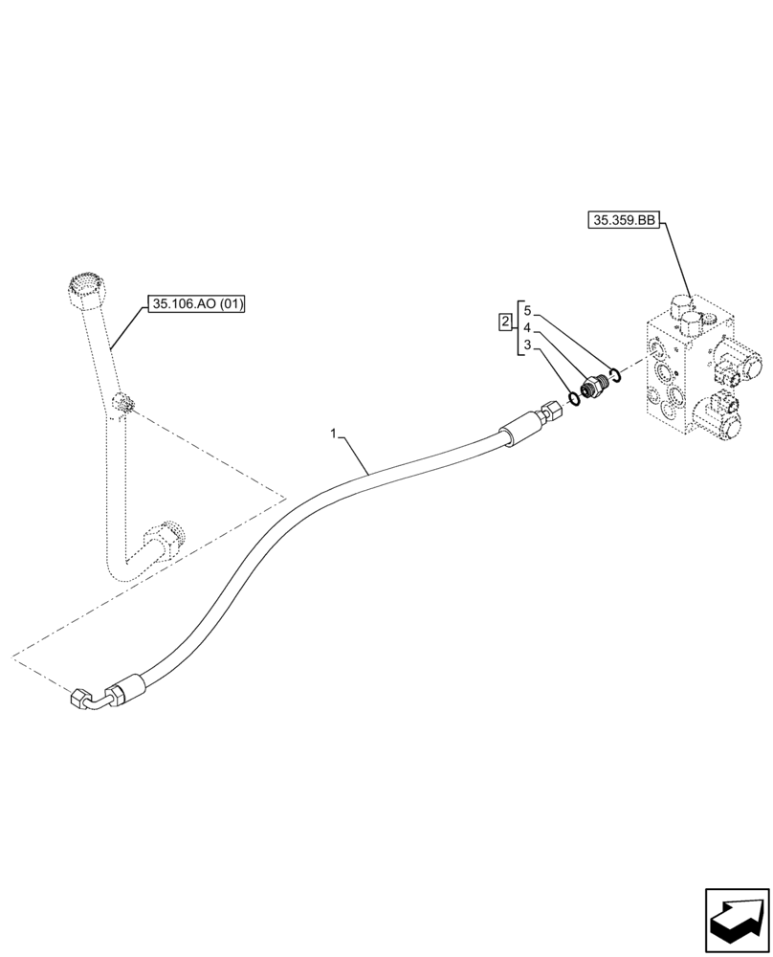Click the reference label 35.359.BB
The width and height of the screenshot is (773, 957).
point(625,220)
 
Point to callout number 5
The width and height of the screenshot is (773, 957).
point(527,311)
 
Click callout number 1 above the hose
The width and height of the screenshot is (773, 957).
point(334,434)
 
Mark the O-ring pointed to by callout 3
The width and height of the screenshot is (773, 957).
point(571,396)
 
